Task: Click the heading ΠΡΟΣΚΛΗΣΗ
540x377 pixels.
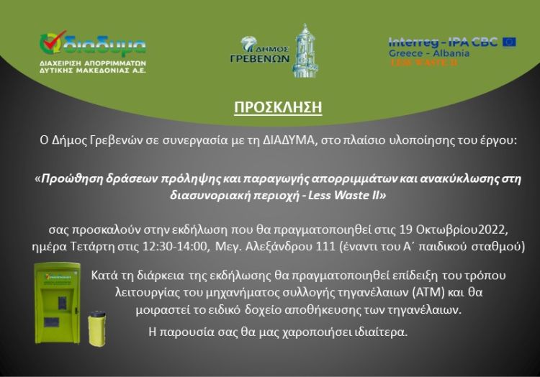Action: (x=277, y=108)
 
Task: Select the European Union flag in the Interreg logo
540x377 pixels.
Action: (x=509, y=42)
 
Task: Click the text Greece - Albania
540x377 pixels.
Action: (x=428, y=53)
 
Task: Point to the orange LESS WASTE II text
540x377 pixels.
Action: (x=423, y=63)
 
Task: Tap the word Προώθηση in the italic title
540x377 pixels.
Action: (x=68, y=178)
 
